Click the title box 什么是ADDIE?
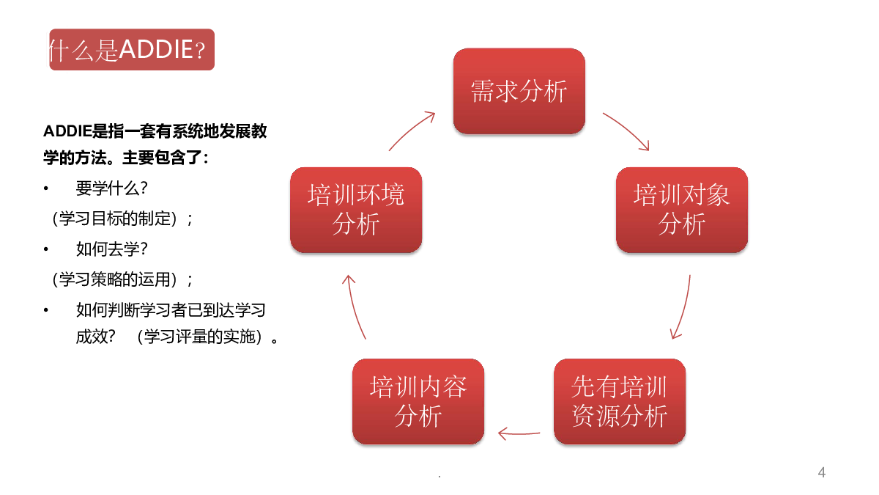pyautogui.click(x=132, y=50)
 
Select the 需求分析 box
pyautogui.click(x=519, y=91)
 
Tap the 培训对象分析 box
pyautogui.click(x=682, y=210)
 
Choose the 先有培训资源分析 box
pyautogui.click(x=620, y=401)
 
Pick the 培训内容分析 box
pyautogui.click(x=418, y=401)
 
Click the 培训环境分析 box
pyautogui.click(x=356, y=210)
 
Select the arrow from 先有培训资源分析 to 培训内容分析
pyautogui.click(x=519, y=433)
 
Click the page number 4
pyautogui.click(x=822, y=472)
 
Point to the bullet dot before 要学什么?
pyautogui.click(x=46, y=188)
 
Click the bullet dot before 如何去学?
pyautogui.click(x=46, y=249)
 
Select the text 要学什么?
pyautogui.click(x=112, y=188)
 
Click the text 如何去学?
pyautogui.click(x=112, y=249)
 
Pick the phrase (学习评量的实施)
pyautogui.click(x=199, y=337)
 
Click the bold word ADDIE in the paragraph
pyautogui.click(x=67, y=131)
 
